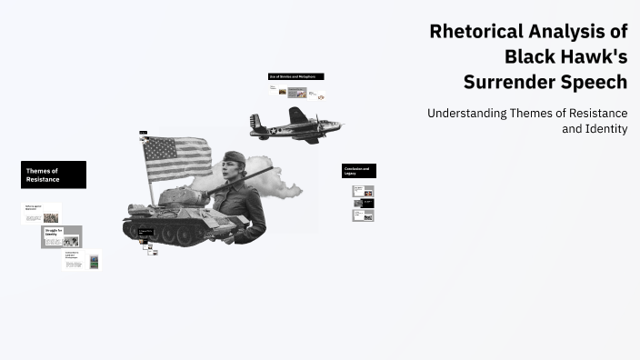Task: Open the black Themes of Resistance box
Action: (54, 175)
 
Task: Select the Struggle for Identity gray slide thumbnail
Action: (61, 236)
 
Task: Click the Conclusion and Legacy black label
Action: (358, 171)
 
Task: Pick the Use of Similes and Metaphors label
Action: (295, 76)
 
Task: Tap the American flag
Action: (177, 158)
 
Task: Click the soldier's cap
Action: (234, 156)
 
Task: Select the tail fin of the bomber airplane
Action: (256, 122)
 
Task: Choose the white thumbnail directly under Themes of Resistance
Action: (41, 214)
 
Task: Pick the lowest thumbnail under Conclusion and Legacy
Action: (363, 215)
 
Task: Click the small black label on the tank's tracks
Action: (145, 232)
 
